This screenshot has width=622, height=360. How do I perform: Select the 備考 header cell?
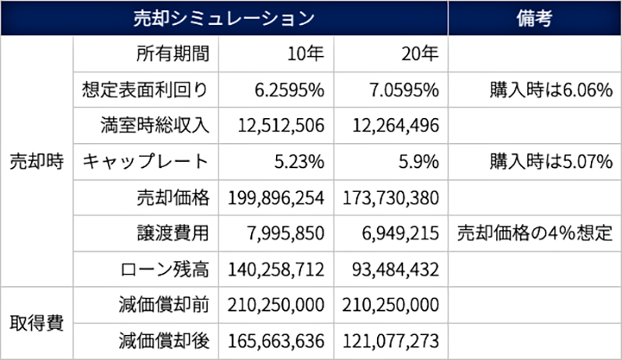(534, 19)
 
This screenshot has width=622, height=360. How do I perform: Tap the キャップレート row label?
(145, 162)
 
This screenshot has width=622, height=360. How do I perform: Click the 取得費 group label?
(37, 323)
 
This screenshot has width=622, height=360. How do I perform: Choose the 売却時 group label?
(37, 162)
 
